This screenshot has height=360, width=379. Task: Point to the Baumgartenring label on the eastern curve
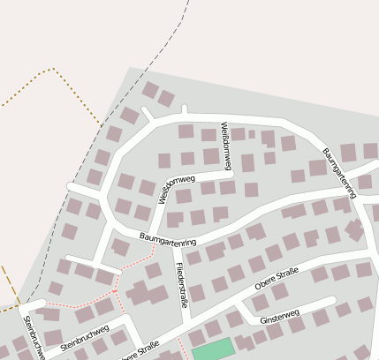click(x=341, y=172)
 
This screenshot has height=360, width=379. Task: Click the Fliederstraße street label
click(x=182, y=284)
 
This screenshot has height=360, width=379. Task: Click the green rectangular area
click(x=213, y=349)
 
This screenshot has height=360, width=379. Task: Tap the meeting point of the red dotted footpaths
click(x=116, y=289)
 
